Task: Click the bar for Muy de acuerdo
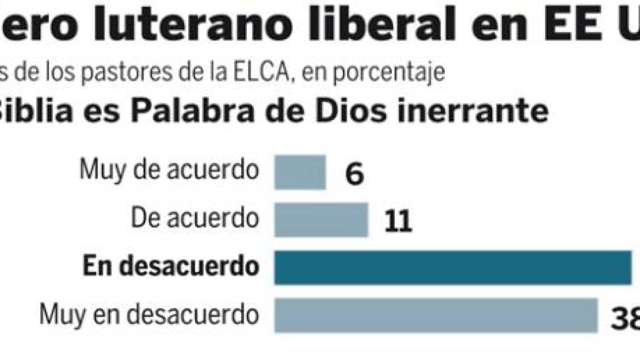pos(300,172)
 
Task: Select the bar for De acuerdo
pos(321,219)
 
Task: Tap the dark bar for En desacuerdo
pos(453,268)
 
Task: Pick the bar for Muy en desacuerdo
pos(436,315)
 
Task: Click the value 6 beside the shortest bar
pos(355,174)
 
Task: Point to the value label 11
pos(398,221)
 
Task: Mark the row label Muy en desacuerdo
pos(149,315)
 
